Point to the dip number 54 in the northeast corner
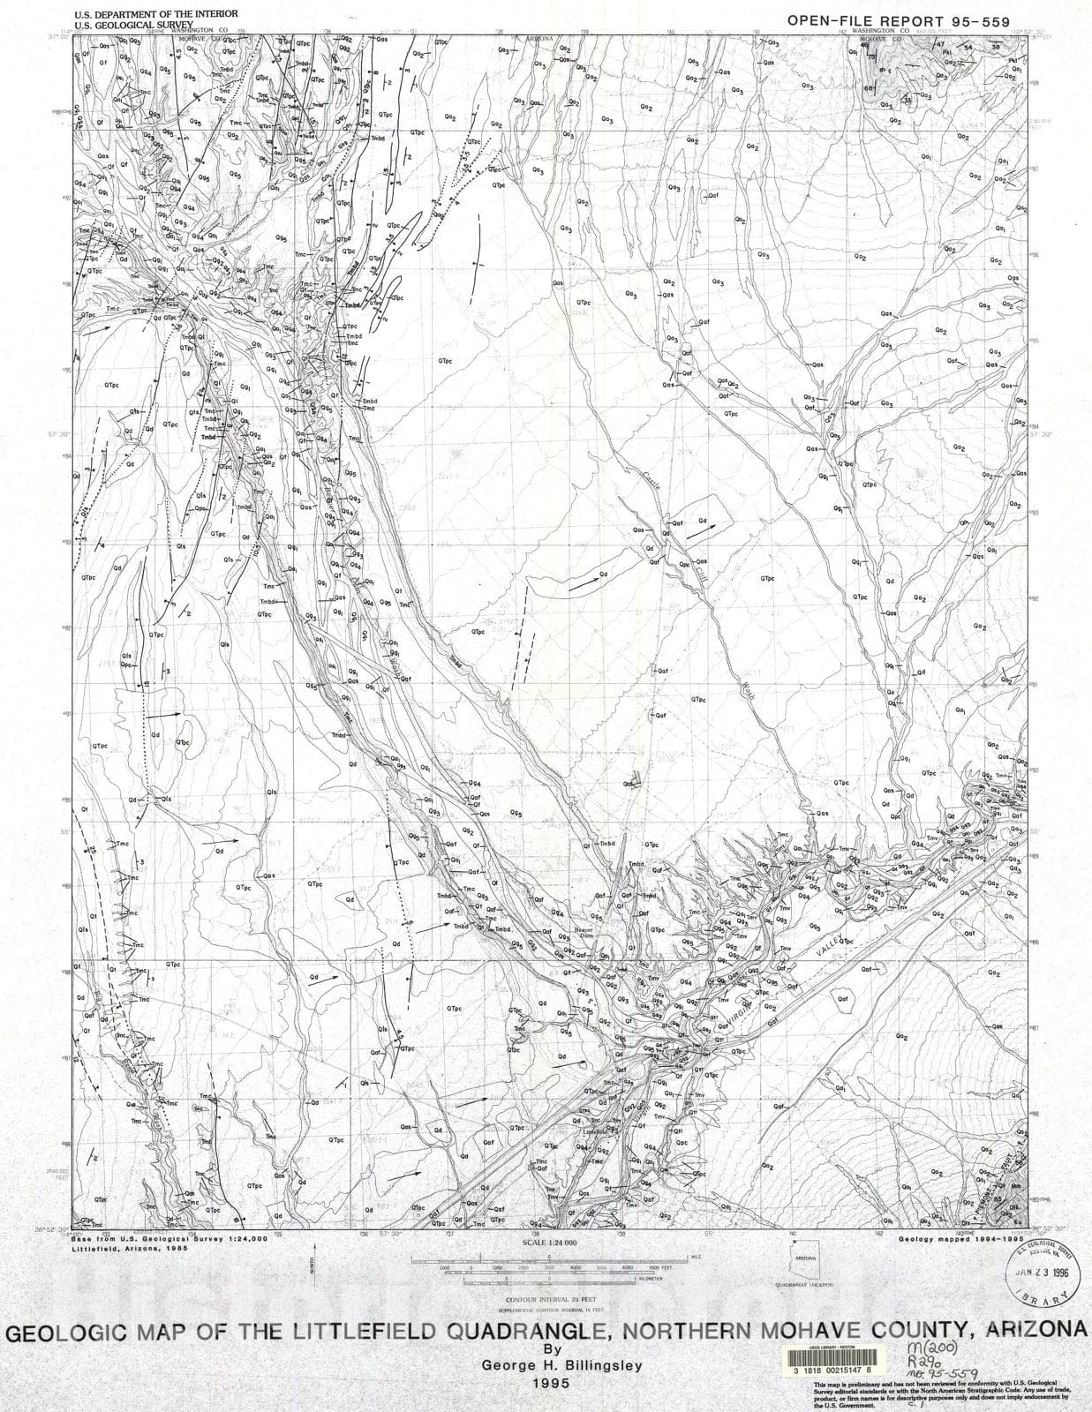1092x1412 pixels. coord(968,47)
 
